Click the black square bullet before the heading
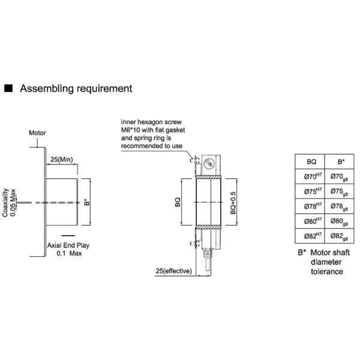coord(8,88)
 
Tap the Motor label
coord(37,133)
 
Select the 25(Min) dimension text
coord(62,160)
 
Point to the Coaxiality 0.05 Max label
coord(9,203)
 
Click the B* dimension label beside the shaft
coord(87,203)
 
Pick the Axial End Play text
coord(68,245)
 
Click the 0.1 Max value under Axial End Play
coord(69,253)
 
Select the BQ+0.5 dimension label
coord(233,203)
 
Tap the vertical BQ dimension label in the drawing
coord(178,202)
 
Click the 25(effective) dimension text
coord(173,271)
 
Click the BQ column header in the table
coord(311,161)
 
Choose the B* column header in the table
coord(341,161)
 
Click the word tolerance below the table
coord(327,272)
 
